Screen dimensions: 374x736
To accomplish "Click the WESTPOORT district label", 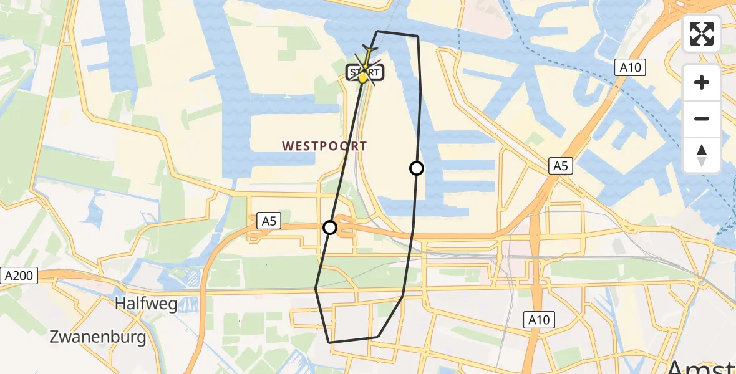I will point(324,146).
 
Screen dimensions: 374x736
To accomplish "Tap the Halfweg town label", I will point(146,304).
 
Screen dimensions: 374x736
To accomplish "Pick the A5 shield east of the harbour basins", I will point(560,165).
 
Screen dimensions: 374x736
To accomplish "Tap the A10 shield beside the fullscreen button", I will point(629,67).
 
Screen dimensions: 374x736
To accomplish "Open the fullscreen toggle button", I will point(702,34).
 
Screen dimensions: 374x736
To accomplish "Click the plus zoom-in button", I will point(702,82).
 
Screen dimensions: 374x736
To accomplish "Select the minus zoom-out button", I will point(702,118).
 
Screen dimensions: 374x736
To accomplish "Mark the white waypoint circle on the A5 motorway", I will point(330,228).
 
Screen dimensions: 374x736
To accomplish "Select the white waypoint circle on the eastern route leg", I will point(416,168).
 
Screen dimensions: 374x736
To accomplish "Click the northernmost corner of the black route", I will point(377,31).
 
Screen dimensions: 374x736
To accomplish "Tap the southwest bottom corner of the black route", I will point(329,342).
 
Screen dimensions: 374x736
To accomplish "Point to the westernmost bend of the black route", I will point(316,288).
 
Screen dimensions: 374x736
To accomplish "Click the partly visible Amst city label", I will point(702,367).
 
